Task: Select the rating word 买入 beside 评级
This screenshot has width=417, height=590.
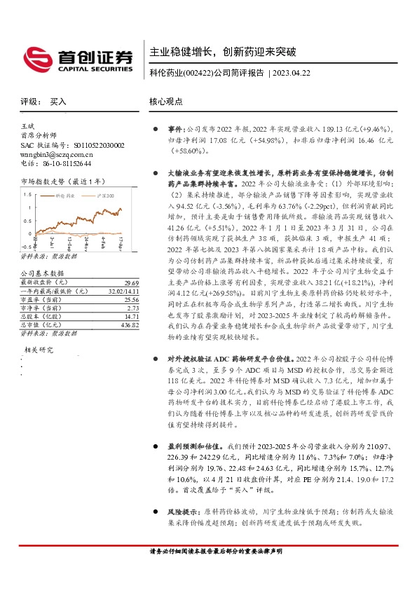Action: point(58,102)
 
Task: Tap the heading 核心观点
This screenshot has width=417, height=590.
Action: point(165,102)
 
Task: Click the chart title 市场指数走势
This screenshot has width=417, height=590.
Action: point(43,181)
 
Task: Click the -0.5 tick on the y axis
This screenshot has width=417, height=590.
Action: point(25,247)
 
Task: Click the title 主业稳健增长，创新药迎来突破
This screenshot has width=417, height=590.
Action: point(223,52)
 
